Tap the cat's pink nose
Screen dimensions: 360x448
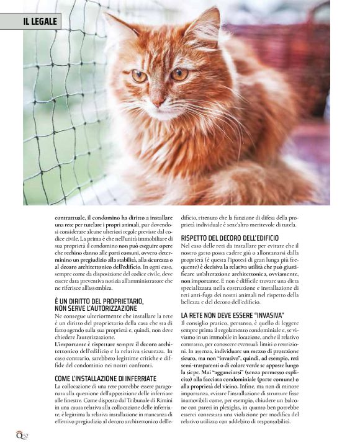[x=158, y=98]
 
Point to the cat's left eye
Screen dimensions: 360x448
[x=139, y=76]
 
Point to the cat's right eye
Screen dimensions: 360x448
[x=179, y=74]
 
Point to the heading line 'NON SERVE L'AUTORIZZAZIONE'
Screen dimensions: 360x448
[x=96, y=308]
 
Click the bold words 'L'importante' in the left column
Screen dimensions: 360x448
[x=73, y=344]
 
